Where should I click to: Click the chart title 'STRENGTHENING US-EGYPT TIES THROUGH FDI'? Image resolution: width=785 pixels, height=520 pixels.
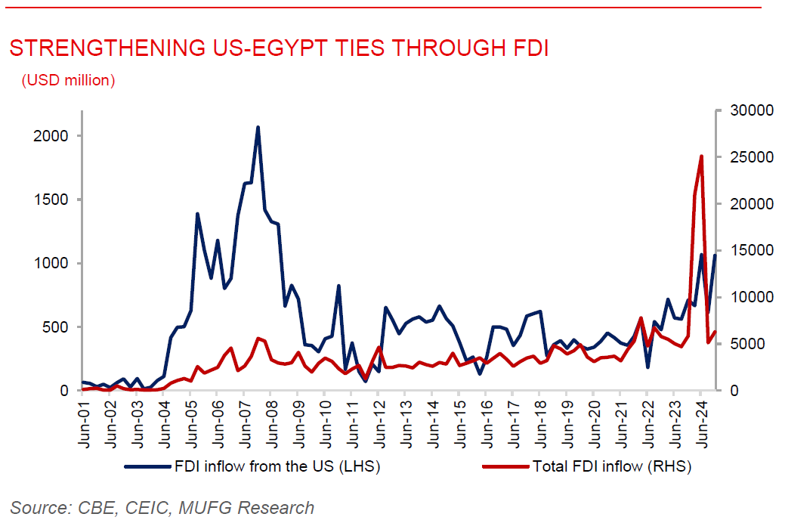coord(278,48)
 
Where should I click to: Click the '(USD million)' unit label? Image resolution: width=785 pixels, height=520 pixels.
coord(68,80)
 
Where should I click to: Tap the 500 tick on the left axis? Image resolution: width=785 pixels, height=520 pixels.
coord(59,327)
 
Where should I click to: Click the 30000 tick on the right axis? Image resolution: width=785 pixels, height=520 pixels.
coord(744,110)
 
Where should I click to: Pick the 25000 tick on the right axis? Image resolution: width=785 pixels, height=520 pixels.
coord(744,157)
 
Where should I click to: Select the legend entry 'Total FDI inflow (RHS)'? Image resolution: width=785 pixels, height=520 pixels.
coord(612,466)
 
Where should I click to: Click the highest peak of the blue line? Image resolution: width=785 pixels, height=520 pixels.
coord(258,128)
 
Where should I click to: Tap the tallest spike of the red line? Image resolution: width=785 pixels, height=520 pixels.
coord(701,156)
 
